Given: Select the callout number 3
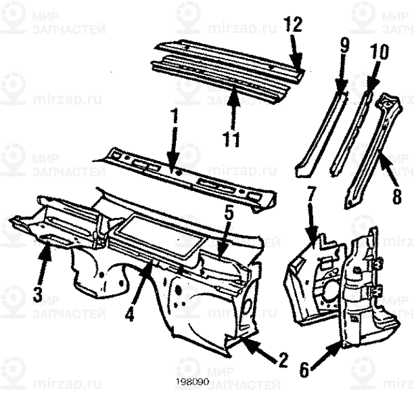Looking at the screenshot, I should click(x=37, y=296).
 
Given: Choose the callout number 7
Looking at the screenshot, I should click(x=310, y=193).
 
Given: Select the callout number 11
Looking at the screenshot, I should click(x=232, y=138).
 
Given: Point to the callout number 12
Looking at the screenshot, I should click(x=292, y=25).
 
